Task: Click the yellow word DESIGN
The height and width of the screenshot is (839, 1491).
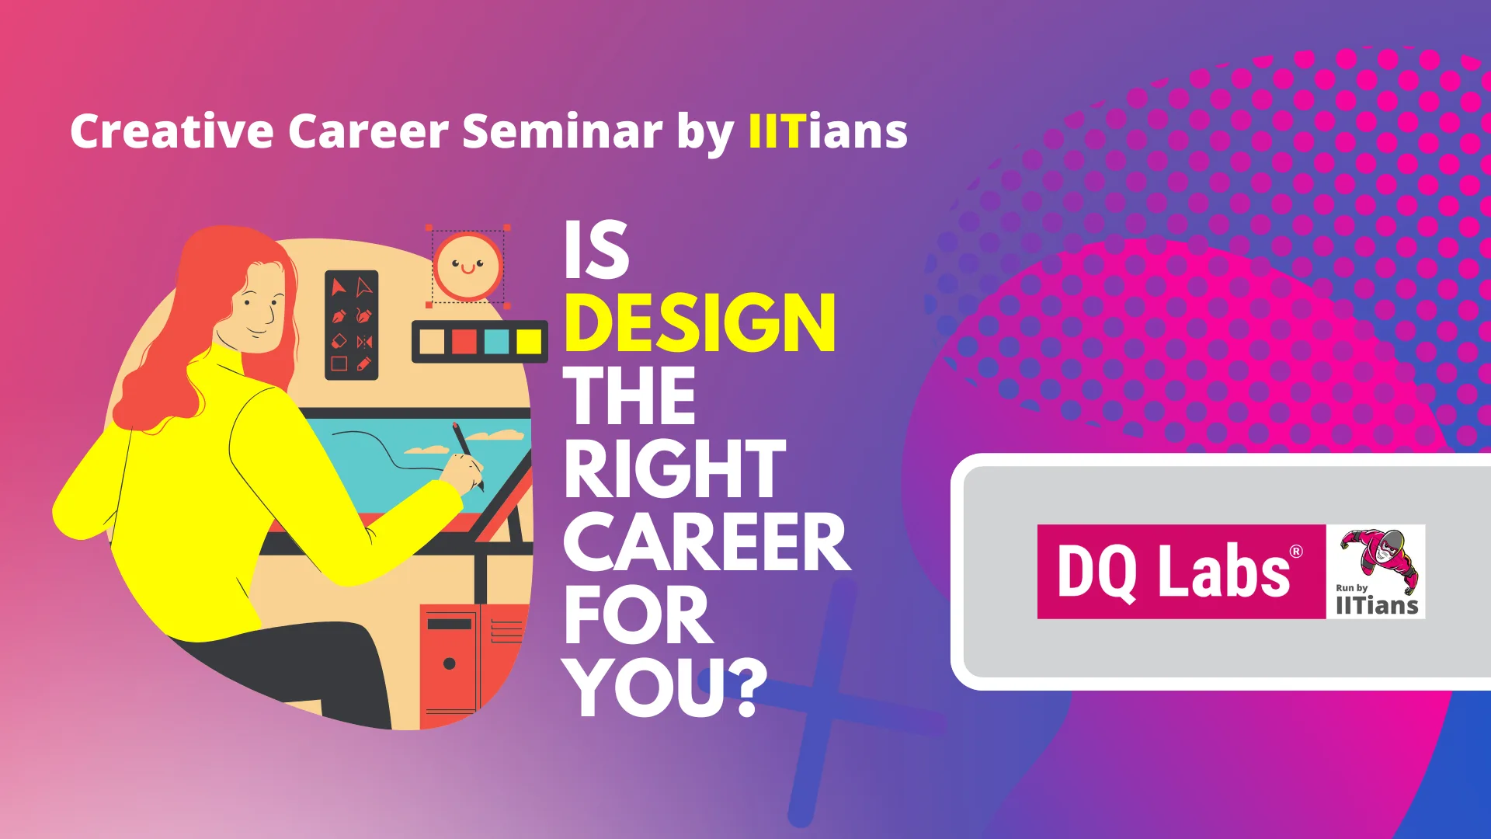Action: coord(700,323)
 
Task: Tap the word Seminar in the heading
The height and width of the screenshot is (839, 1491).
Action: coord(562,131)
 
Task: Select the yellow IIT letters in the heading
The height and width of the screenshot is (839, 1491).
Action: coord(775,131)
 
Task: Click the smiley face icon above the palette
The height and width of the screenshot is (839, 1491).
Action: coord(467,266)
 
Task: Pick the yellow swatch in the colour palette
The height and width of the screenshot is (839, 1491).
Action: coord(529,341)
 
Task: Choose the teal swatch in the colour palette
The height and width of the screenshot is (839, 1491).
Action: coord(497,341)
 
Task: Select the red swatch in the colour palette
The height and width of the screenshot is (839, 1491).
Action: coord(464,341)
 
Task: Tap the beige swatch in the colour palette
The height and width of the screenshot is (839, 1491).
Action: coord(432,341)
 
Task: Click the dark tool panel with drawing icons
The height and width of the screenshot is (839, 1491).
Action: coord(352,325)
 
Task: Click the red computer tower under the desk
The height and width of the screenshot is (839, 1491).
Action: coord(474,665)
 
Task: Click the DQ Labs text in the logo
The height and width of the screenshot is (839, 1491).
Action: coord(1173,572)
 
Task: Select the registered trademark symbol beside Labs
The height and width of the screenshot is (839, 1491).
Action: coord(1296,552)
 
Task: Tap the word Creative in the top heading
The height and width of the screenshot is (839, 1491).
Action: coord(172,131)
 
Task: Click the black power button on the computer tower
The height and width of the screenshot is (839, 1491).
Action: coord(449,663)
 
